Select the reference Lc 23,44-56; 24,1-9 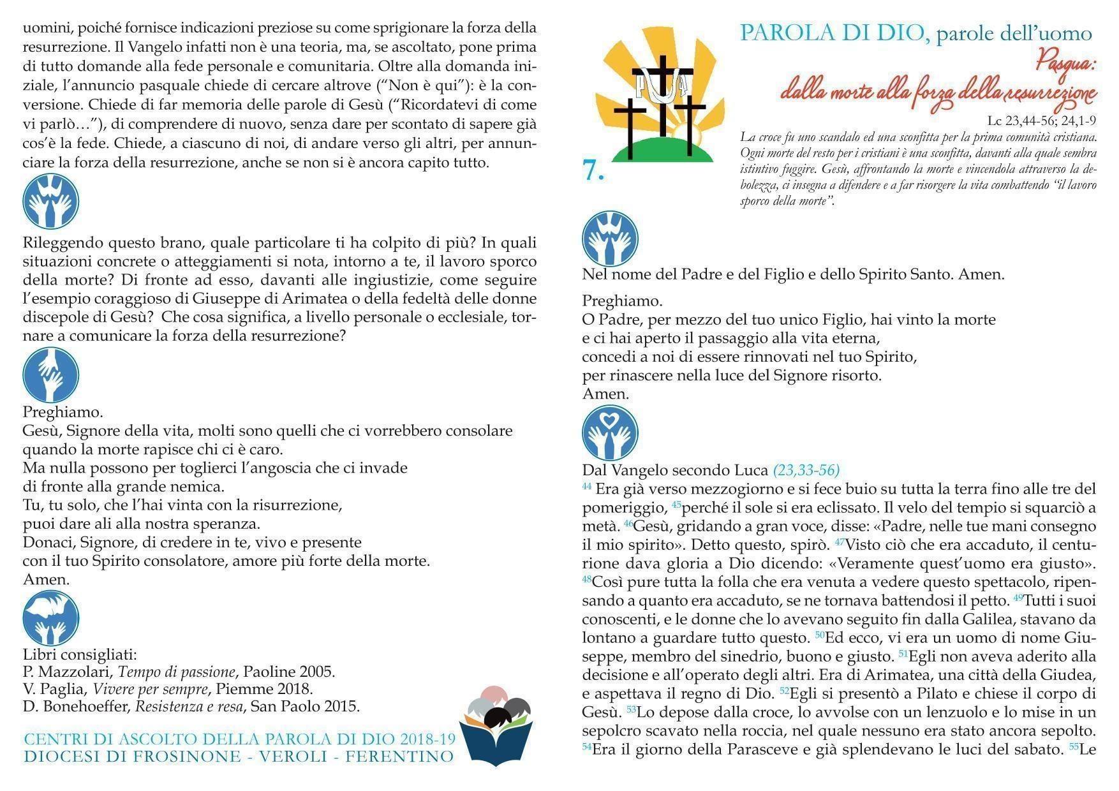(x=1041, y=121)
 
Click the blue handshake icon (x=50, y=375)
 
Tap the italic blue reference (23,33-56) (x=806, y=470)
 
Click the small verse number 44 (x=587, y=486)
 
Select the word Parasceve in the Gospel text (x=738, y=750)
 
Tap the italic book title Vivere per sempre (x=151, y=689)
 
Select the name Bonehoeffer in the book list (x=85, y=706)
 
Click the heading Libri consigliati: (x=80, y=654)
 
